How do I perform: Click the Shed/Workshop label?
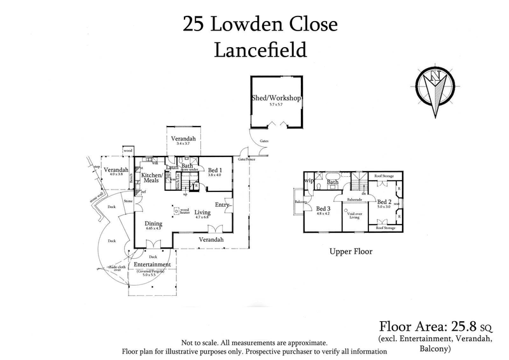point(275,99)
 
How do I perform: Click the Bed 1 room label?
point(214,170)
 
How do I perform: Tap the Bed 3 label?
point(323,209)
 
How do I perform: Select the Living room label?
point(203,213)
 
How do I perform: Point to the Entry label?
point(222,204)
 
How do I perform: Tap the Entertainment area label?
point(151,265)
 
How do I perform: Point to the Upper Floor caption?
point(351,251)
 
